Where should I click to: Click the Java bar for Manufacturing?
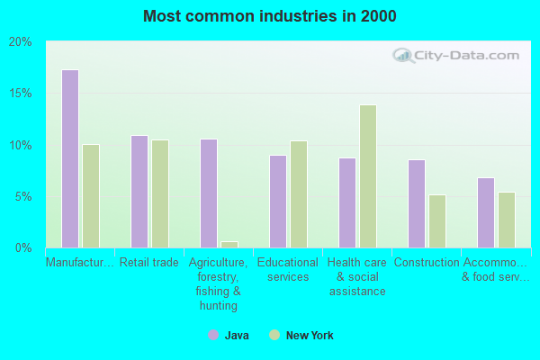tap(69, 158)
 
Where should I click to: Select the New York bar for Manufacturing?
tap(91, 195)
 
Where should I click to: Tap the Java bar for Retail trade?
tap(139, 191)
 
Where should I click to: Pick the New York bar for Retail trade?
tap(160, 193)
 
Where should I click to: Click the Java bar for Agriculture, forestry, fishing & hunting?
tap(208, 193)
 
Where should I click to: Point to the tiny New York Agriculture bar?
tap(229, 244)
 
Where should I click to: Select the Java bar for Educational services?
tap(277, 201)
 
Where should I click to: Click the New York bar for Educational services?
tap(299, 193)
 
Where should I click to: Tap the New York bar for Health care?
tap(368, 175)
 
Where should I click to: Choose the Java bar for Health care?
tap(346, 202)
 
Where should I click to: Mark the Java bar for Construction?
tap(416, 203)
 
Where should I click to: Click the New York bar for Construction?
tap(437, 220)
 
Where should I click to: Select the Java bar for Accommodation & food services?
tap(485, 212)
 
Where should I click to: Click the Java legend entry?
tap(229, 336)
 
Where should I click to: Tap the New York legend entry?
tap(301, 336)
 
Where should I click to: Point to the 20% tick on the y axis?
tap(21, 41)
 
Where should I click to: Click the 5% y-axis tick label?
tap(24, 196)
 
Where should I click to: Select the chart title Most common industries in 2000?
tap(269, 16)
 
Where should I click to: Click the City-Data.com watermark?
tap(458, 55)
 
